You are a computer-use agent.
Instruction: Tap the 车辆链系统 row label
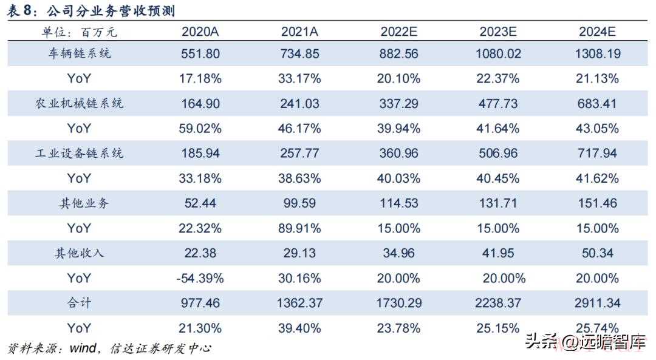(80, 53)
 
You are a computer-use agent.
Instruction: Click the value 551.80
(200, 53)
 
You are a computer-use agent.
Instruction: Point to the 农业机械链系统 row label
(80, 103)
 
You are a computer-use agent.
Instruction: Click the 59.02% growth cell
(200, 128)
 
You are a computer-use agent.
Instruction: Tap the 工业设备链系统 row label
(80, 153)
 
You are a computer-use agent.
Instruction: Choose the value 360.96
(399, 153)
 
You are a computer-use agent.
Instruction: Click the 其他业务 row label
(80, 203)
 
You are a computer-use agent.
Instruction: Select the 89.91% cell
(300, 228)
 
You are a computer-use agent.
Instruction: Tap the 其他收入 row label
(80, 253)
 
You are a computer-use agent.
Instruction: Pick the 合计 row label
(80, 303)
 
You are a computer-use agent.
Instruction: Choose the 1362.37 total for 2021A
(300, 303)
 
